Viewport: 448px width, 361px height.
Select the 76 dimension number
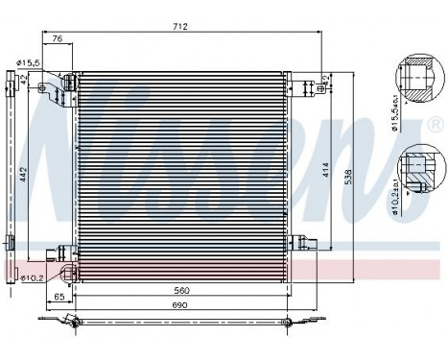[x=58, y=39]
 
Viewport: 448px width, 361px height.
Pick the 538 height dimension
[x=360, y=177]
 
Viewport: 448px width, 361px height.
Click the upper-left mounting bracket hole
[x=44, y=89]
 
